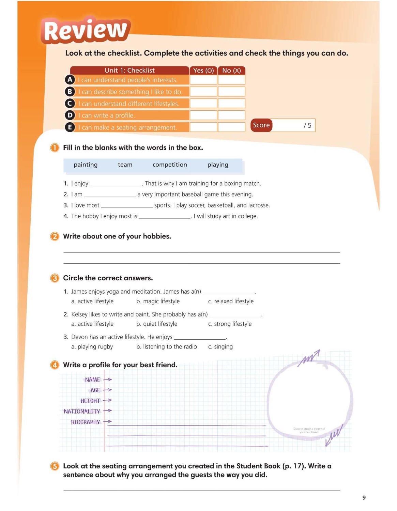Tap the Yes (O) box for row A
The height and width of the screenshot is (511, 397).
coord(203,80)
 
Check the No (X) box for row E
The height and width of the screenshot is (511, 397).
coord(231,127)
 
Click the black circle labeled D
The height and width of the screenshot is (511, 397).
coord(70,115)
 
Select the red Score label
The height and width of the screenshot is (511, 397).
coord(261,125)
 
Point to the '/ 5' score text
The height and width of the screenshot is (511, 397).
coord(307,125)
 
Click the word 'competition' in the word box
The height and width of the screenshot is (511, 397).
coord(170,165)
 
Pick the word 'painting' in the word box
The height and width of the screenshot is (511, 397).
coord(86,165)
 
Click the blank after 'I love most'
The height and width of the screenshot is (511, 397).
coord(127,205)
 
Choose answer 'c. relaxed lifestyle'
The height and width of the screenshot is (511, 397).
coord(231,301)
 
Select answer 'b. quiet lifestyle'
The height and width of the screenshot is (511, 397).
coord(157,324)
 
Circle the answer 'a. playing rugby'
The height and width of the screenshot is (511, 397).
coord(92,347)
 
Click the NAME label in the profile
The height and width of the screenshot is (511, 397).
coord(92,380)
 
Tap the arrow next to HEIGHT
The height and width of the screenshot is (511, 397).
coord(107,401)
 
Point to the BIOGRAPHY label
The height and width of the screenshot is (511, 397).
coord(85,422)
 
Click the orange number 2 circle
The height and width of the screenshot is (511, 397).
coord(55,236)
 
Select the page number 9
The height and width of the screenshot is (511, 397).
coord(364,498)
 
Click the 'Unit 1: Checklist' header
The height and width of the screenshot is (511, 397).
coord(129,71)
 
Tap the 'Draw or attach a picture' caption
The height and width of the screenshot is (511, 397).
coord(309,430)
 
